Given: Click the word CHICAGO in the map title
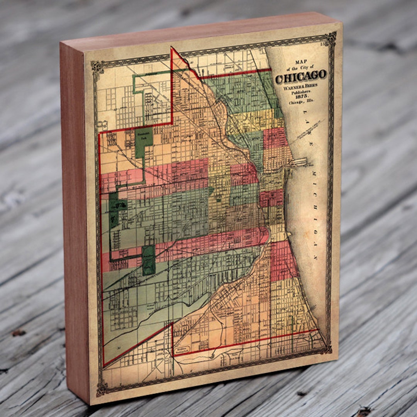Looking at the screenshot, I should click(x=301, y=76).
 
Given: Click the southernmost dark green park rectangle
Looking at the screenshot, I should click(x=148, y=260).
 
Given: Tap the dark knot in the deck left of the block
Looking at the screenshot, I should click(x=17, y=332).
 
